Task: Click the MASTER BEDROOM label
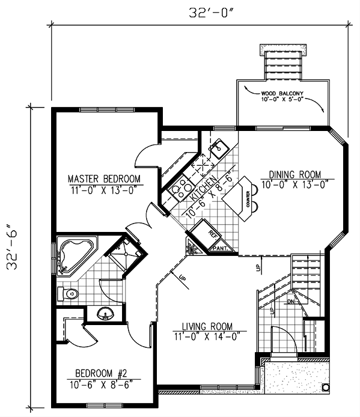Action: [x=104, y=178]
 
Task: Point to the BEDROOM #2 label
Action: [x=103, y=371]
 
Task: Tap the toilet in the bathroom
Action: [x=68, y=294]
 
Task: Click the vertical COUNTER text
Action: [x=248, y=198]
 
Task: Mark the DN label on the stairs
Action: [x=291, y=301]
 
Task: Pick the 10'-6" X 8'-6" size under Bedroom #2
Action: [x=103, y=382]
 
